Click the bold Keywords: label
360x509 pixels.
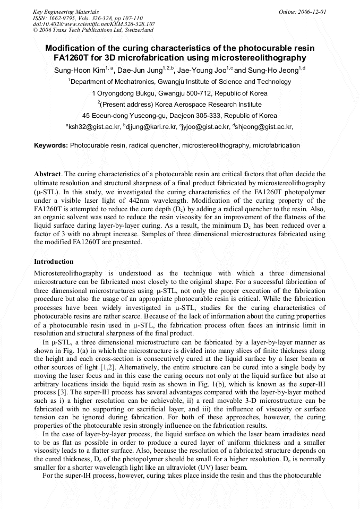[50, 145]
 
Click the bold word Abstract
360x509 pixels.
[48, 174]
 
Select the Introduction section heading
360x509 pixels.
[54, 262]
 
